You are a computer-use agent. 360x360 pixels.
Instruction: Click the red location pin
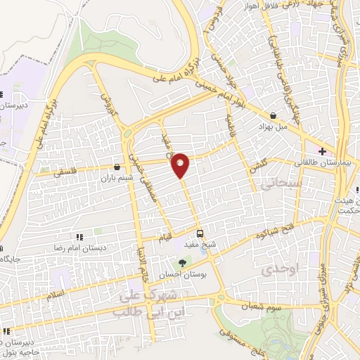[181, 165]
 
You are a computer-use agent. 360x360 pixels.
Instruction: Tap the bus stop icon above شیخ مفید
[200, 233]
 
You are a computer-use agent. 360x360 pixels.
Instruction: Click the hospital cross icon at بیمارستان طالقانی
[322, 151]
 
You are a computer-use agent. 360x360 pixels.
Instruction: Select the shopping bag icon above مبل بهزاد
[273, 115]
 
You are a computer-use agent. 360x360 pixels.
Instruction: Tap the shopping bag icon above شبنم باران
[116, 167]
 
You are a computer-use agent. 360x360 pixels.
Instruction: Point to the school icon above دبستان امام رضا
[79, 237]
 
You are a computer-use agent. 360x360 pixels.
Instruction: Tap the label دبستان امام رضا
[79, 248]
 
